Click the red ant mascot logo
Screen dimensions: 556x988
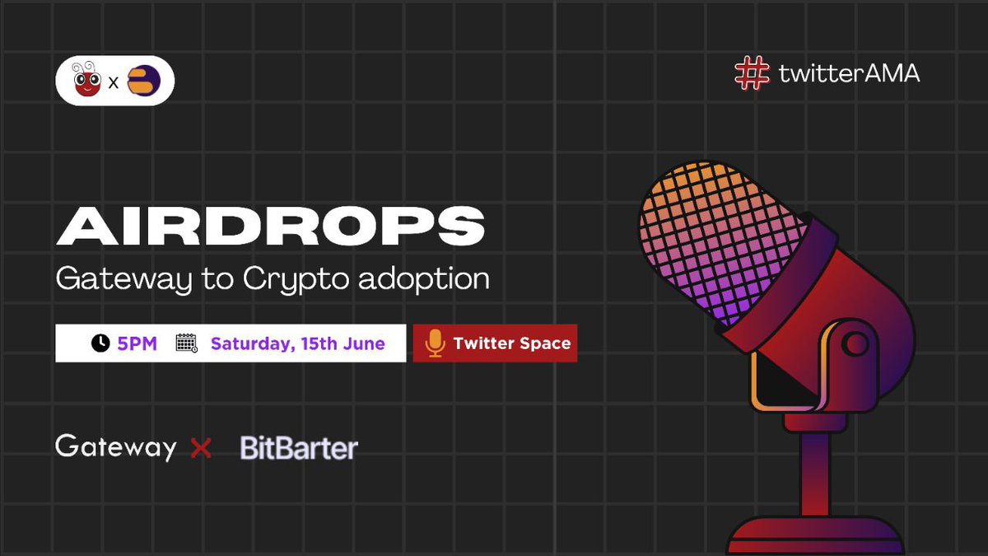coord(86,82)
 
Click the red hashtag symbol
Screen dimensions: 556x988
coord(752,73)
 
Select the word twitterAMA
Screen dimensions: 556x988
coord(849,73)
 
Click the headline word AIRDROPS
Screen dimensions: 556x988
coord(270,226)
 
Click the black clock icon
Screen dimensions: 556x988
coord(100,343)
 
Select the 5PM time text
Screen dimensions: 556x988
coord(137,343)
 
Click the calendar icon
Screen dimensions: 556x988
coord(187,343)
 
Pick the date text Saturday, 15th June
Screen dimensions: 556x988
coord(298,343)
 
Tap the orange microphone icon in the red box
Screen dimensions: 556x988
coord(435,343)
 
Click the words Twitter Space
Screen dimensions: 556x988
coord(511,343)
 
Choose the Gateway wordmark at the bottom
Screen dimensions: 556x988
coord(116,447)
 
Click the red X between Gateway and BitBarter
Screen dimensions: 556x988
coord(201,448)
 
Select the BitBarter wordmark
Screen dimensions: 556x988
coord(299,448)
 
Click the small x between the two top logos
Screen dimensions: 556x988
coord(114,84)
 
